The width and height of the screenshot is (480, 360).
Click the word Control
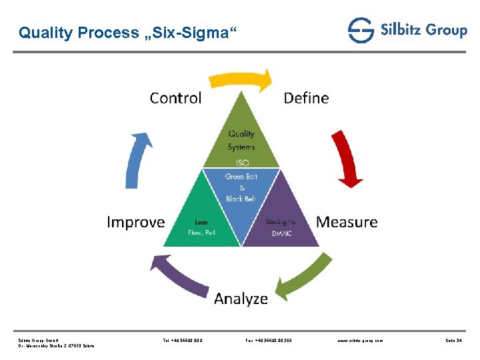click(x=175, y=98)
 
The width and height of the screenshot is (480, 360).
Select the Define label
click(x=306, y=98)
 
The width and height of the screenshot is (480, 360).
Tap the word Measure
click(x=347, y=222)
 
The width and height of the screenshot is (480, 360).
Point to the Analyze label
click(x=241, y=299)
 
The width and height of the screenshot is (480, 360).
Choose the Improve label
click(x=135, y=222)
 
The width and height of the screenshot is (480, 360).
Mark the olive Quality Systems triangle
click(x=241, y=137)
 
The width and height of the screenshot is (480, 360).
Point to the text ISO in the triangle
click(x=241, y=161)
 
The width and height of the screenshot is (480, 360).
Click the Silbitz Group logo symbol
click(x=361, y=31)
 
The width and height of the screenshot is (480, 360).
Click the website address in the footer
click(x=361, y=340)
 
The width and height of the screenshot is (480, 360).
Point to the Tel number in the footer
click(x=183, y=340)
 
